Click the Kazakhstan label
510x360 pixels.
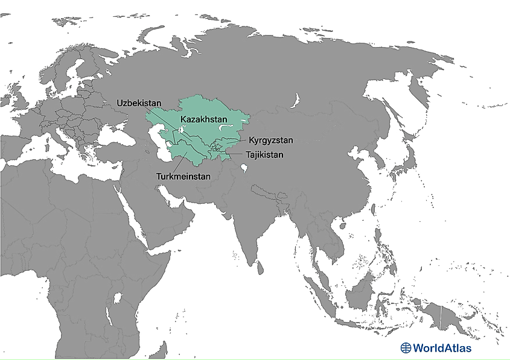(204, 119)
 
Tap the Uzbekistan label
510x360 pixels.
(139, 103)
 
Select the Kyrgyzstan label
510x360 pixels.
(271, 141)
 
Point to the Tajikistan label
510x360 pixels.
(264, 154)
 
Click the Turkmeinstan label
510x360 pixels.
(183, 177)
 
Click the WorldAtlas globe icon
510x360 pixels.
(406, 347)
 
